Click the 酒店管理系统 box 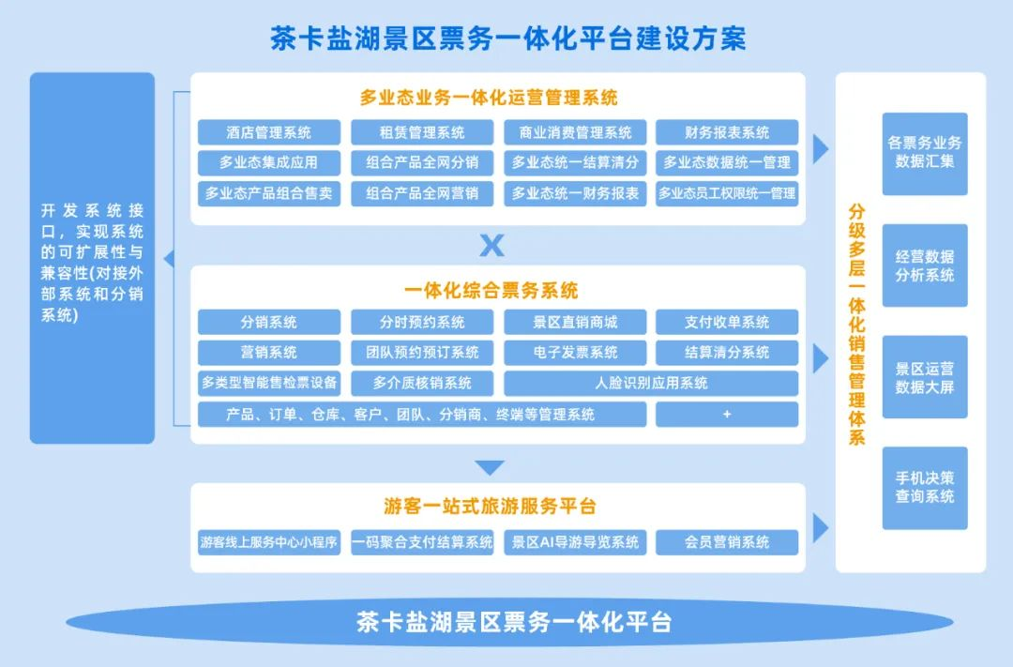269,132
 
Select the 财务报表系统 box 727,132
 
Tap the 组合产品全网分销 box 422,162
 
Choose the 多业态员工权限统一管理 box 727,193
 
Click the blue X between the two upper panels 491,245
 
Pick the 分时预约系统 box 422,322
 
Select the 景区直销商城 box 575,322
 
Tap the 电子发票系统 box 575,352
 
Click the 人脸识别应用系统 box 651,383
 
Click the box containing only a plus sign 727,415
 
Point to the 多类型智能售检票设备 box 269,383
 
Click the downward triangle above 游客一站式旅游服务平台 489,467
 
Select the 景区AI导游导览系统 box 575,542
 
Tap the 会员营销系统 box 727,542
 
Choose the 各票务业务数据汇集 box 925,154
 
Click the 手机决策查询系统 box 925,488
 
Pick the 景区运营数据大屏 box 925,377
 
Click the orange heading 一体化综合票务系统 491,290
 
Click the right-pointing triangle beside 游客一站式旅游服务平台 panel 820,528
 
